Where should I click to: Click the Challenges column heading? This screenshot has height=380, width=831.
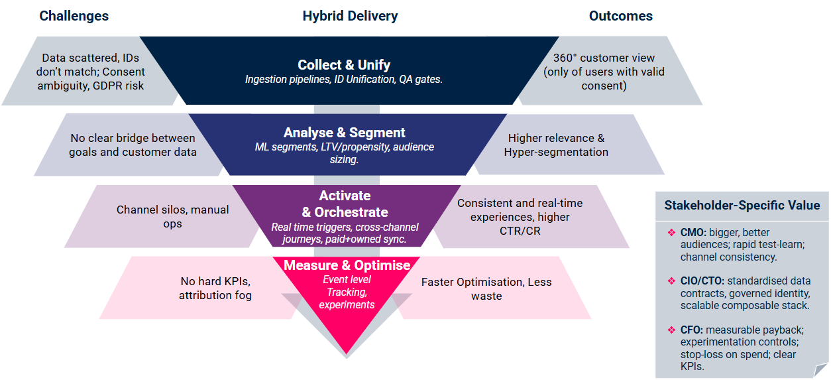click(74, 16)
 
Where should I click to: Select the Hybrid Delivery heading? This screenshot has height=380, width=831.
click(350, 16)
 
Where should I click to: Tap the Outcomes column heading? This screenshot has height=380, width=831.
click(620, 16)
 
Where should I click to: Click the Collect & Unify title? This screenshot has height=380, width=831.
click(344, 65)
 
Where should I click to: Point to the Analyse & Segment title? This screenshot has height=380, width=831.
click(345, 133)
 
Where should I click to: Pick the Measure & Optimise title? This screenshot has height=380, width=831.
click(347, 265)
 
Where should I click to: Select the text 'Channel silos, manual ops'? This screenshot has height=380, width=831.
click(172, 216)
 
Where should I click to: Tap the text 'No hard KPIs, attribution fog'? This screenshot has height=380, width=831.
click(215, 288)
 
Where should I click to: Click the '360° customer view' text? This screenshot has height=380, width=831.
click(603, 57)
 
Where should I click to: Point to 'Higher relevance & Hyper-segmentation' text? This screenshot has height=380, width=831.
click(556, 145)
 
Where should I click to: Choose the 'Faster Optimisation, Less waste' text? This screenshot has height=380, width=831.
click(486, 288)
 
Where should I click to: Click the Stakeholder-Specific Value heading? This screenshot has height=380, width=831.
click(742, 206)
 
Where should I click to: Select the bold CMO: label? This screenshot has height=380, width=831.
click(693, 233)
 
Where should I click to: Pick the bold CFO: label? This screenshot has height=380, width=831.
click(692, 330)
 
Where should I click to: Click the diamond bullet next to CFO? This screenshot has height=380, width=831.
click(671, 330)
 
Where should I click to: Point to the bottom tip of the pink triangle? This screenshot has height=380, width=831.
click(346, 352)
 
